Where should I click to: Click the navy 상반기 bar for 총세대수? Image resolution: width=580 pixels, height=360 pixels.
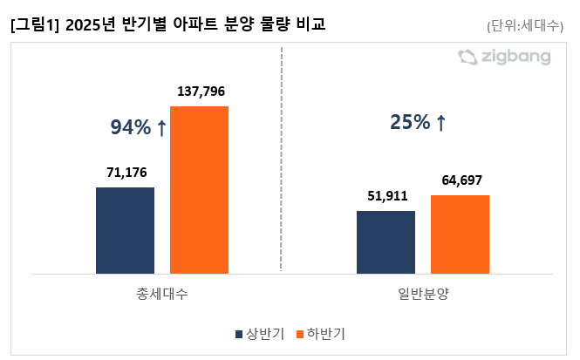tap(125, 230)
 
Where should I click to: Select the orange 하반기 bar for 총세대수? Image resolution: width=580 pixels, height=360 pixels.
tap(199, 190)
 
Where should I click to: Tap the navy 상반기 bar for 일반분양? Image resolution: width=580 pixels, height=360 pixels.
tap(386, 241)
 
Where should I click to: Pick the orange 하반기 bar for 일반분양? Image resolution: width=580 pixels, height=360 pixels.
tap(460, 234)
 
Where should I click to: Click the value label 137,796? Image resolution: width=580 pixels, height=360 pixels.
tap(201, 91)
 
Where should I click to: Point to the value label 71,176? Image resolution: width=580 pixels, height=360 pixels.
tap(126, 172)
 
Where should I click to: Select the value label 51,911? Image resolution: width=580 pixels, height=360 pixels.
tap(386, 195)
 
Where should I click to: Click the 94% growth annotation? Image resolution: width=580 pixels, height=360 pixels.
tap(131, 128)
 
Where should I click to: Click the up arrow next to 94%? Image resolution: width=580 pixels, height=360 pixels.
tap(161, 128)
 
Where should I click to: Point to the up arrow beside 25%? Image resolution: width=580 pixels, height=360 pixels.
tap(440, 124)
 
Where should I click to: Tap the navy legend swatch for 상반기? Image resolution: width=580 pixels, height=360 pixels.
tap(238, 334)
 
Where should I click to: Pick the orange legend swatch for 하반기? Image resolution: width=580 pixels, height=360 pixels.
tap(299, 334)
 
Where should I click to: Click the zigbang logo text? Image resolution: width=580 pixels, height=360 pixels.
tap(515, 58)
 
